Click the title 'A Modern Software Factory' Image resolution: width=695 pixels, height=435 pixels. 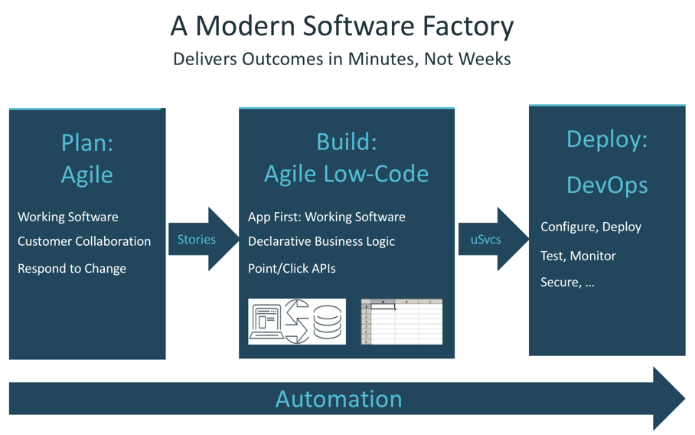tap(341, 26)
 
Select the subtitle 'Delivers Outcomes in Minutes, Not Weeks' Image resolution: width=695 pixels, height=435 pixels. tap(341, 59)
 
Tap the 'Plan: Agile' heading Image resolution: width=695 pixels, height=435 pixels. tap(87, 159)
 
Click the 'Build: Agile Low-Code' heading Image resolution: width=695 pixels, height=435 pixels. tap(346, 159)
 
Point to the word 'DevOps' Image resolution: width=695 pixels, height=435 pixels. tap(607, 185)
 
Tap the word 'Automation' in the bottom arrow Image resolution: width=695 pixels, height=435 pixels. tap(338, 399)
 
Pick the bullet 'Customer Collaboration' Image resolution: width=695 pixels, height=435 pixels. tap(84, 241)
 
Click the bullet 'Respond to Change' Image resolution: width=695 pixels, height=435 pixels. tap(72, 268)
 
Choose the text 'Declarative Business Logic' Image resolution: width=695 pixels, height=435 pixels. tap(321, 241)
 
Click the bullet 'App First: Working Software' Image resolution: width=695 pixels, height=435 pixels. tap(327, 217)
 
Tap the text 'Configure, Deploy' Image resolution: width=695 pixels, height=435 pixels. tap(591, 227)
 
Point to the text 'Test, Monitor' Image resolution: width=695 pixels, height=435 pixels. tap(578, 256)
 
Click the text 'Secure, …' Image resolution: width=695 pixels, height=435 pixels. tap(567, 283)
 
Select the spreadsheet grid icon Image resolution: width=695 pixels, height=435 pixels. tap(401, 322)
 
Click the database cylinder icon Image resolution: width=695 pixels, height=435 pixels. tap(327, 322)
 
